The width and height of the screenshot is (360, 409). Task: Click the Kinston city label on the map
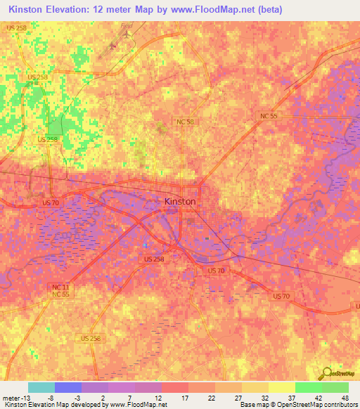179,201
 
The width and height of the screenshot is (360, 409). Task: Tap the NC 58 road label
185,122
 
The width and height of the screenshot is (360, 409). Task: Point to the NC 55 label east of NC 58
268,115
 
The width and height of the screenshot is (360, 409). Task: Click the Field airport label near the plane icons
127,26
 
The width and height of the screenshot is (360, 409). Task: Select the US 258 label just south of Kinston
153,259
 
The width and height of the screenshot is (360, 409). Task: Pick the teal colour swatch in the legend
41,387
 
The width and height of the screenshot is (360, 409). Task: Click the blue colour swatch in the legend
68,387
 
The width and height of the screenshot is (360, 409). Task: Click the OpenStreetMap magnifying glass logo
326,375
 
